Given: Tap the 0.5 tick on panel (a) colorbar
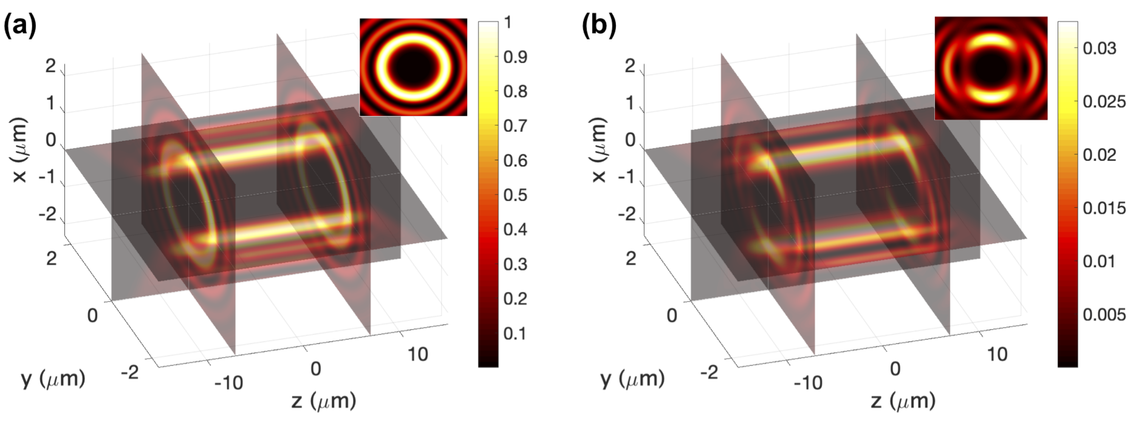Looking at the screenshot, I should (x=515, y=195).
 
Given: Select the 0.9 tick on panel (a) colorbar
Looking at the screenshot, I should (x=515, y=57).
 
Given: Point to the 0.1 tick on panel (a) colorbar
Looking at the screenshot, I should (x=515, y=333).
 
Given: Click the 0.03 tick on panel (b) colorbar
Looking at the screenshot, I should (x=1099, y=48).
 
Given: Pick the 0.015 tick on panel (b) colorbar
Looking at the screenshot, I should (x=1104, y=208).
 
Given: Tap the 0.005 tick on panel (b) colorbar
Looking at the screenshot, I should (x=1104, y=315).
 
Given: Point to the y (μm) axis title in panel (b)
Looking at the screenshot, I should (x=632, y=379).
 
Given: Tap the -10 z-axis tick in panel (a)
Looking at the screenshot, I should (x=228, y=383).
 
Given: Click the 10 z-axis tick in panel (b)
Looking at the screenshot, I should (x=997, y=354).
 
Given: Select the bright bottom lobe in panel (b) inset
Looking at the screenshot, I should (x=990, y=95).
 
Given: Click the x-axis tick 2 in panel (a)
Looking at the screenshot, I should (x=50, y=66).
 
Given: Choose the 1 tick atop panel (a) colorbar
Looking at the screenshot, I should (x=508, y=23).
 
